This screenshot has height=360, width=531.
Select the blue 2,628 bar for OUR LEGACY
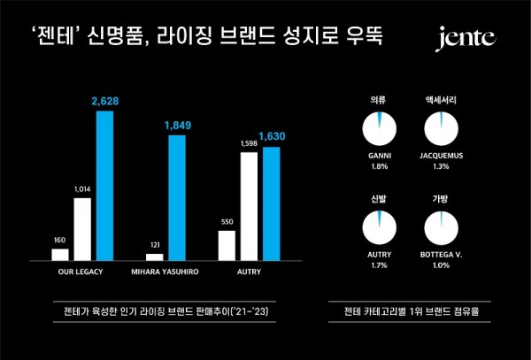(105, 186)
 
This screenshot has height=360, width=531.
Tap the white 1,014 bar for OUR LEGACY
(82, 228)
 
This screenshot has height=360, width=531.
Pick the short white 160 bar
(60, 254)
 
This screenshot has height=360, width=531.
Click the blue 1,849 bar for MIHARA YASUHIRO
(177, 197)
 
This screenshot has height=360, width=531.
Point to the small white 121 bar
(155, 257)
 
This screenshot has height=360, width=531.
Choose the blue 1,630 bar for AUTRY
(272, 203)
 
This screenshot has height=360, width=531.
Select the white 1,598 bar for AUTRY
(249, 205)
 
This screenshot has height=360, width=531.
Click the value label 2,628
(105, 102)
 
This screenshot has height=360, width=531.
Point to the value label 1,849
(177, 126)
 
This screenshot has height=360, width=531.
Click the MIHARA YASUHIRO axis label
(165, 272)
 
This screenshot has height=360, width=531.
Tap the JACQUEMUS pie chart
(442, 129)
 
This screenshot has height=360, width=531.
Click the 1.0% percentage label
(442, 264)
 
